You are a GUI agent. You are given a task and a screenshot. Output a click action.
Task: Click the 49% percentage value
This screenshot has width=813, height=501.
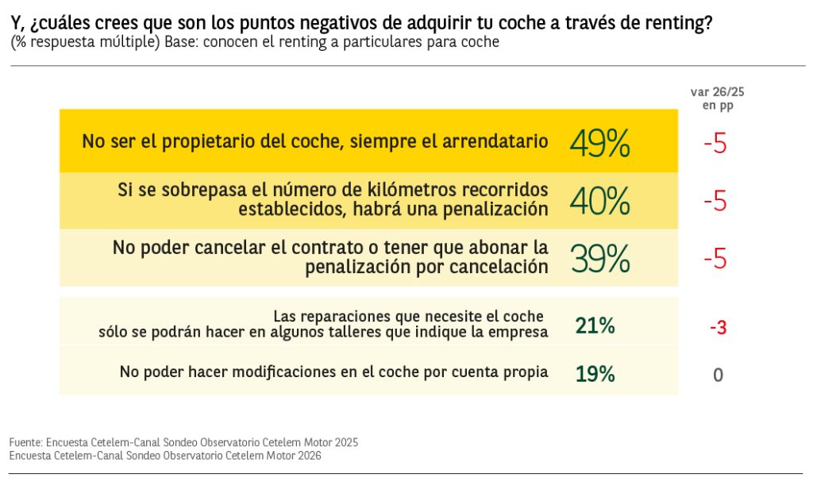(x=599, y=144)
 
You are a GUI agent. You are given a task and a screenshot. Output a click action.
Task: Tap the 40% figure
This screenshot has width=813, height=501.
(x=599, y=201)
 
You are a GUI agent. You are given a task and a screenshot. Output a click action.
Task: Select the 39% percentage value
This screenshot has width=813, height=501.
(x=599, y=259)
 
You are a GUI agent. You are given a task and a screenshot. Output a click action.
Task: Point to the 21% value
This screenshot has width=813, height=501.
(x=595, y=326)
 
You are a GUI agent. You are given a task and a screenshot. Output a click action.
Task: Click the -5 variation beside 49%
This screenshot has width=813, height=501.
(x=715, y=145)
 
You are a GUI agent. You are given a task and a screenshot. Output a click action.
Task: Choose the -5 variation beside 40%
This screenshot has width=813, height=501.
(x=715, y=202)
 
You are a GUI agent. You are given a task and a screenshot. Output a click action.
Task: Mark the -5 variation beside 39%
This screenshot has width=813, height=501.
(x=715, y=259)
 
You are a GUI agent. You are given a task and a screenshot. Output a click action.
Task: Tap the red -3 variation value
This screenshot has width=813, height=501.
(x=718, y=326)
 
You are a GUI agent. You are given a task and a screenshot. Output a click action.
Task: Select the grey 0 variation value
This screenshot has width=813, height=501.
(x=718, y=375)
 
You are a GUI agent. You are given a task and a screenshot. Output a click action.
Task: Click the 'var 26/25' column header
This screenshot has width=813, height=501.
(x=717, y=92)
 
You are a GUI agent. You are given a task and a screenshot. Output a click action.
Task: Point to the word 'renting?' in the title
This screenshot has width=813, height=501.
(x=679, y=24)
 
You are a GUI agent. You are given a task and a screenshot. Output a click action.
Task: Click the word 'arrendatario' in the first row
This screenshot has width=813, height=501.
(x=498, y=141)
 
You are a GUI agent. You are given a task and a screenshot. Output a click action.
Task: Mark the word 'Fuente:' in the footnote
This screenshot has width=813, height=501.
(x=25, y=442)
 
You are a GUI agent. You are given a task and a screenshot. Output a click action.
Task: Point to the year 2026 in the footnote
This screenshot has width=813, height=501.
(x=307, y=456)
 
